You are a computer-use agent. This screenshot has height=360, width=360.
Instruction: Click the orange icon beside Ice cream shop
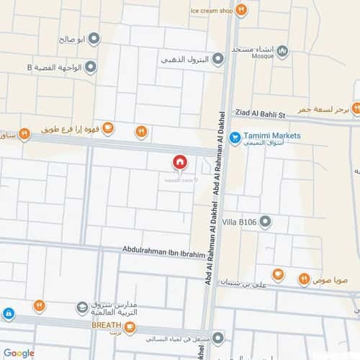[x=242, y=10]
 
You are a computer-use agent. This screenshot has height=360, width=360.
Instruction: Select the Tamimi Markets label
[x=272, y=135]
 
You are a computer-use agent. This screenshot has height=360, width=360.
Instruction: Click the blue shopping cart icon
[x=234, y=137]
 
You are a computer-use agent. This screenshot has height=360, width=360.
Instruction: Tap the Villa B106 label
[x=241, y=221]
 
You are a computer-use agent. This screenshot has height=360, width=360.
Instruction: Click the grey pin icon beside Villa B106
[x=265, y=221]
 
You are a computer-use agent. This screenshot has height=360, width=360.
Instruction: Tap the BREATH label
[x=106, y=325]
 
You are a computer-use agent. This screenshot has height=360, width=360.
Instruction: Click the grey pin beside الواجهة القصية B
[x=91, y=68]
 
